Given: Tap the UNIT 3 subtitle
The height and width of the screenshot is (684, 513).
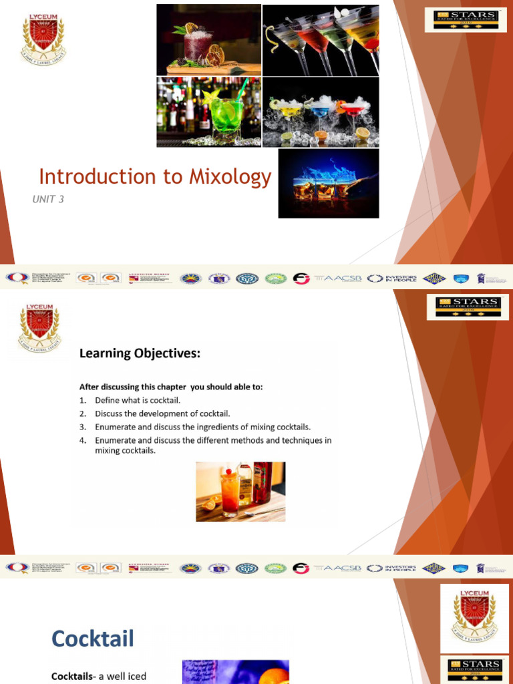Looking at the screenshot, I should [x=48, y=199].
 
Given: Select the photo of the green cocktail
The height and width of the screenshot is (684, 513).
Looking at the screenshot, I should [x=208, y=112].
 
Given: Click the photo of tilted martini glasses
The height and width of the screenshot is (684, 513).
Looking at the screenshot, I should [x=321, y=39].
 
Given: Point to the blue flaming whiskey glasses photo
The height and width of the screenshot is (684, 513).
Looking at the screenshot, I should [x=328, y=183].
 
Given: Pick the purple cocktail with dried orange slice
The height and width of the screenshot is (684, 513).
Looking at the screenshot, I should [x=208, y=39].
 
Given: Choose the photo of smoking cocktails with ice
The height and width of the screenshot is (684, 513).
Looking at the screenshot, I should [x=321, y=112].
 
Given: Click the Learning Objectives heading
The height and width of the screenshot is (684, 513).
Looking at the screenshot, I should [x=140, y=353].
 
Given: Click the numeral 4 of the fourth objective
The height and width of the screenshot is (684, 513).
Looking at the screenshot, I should [x=82, y=441].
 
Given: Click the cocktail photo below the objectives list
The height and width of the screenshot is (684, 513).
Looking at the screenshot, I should [x=240, y=492].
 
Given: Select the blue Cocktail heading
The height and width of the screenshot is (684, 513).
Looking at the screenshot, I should [x=93, y=639].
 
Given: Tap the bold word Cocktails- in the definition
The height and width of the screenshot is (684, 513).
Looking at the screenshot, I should [x=73, y=676].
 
